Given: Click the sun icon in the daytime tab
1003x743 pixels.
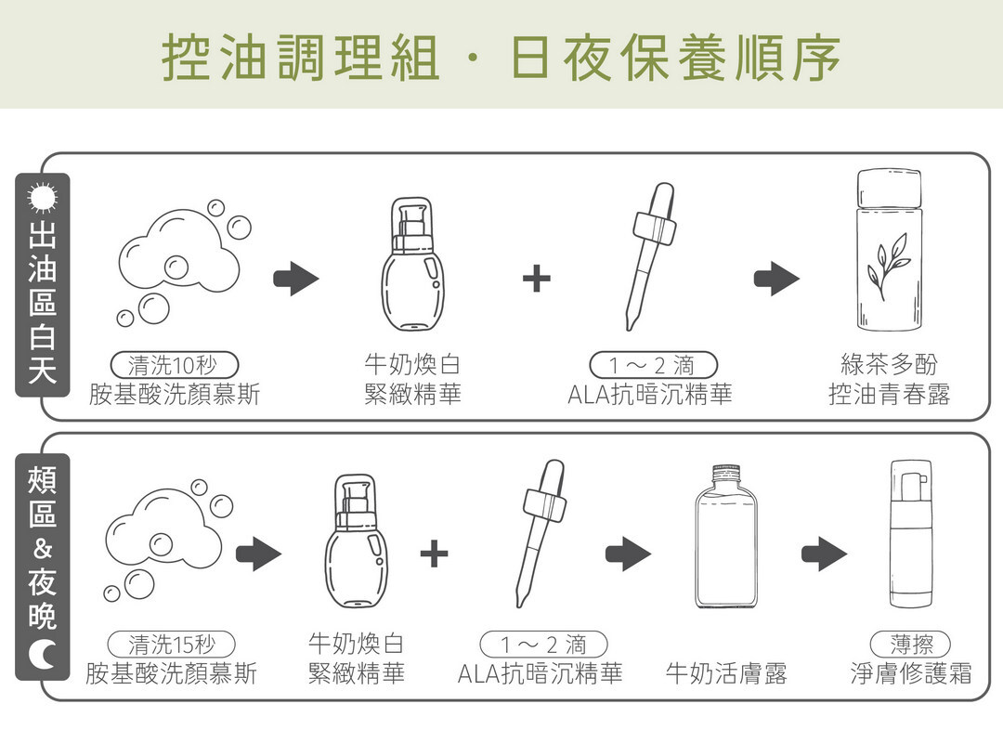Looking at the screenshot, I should click(x=42, y=200).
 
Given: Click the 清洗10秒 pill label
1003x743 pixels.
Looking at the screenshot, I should click(x=175, y=365).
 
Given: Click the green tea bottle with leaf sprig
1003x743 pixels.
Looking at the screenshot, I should click(x=890, y=252).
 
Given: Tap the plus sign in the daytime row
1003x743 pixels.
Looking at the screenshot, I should click(x=536, y=278).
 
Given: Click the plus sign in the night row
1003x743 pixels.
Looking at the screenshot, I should click(x=434, y=554).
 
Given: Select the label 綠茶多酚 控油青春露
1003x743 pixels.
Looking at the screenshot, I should click(x=889, y=379).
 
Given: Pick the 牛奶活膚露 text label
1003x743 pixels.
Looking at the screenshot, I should click(x=726, y=673).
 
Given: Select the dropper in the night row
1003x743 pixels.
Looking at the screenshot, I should click(x=541, y=531).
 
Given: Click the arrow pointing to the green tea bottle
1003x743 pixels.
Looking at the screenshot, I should click(x=776, y=278).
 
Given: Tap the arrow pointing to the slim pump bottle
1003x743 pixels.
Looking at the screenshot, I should click(x=824, y=554).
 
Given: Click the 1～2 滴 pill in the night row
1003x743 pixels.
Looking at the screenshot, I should click(x=543, y=644).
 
